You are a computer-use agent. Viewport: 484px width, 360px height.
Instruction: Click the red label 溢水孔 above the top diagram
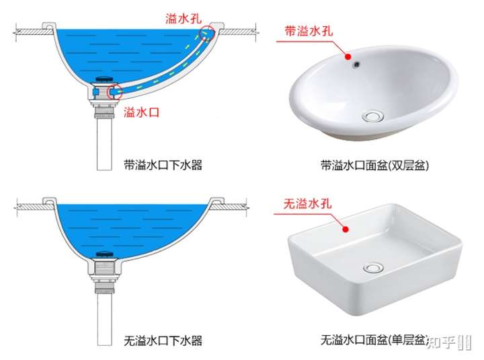(x=184, y=18)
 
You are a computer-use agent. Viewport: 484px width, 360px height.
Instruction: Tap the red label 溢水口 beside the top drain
(x=142, y=112)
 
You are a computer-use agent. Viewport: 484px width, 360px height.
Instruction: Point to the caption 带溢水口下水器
(x=163, y=165)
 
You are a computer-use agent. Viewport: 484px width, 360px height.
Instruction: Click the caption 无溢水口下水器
(x=163, y=340)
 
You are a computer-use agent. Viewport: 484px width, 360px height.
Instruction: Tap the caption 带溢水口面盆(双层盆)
(x=375, y=166)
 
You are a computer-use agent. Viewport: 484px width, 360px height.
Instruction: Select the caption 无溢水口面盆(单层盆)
(x=375, y=340)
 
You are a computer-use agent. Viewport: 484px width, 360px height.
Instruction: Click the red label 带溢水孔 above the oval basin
(x=309, y=31)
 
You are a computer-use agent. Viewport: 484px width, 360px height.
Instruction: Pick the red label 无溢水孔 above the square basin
(x=307, y=204)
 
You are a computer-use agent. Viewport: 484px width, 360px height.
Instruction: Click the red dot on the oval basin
(x=348, y=57)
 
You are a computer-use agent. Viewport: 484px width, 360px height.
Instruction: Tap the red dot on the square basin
(x=346, y=229)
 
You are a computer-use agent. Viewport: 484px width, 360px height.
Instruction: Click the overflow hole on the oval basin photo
(x=357, y=65)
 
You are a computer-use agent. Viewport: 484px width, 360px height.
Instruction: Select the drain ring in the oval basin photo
(x=373, y=116)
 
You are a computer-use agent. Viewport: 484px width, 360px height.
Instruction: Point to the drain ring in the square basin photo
(x=373, y=268)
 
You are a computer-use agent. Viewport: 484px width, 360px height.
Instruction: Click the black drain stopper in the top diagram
(x=105, y=80)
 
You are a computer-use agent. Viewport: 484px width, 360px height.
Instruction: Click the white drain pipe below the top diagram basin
(x=104, y=144)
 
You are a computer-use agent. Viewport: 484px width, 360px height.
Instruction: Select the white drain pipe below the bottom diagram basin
(x=104, y=319)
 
